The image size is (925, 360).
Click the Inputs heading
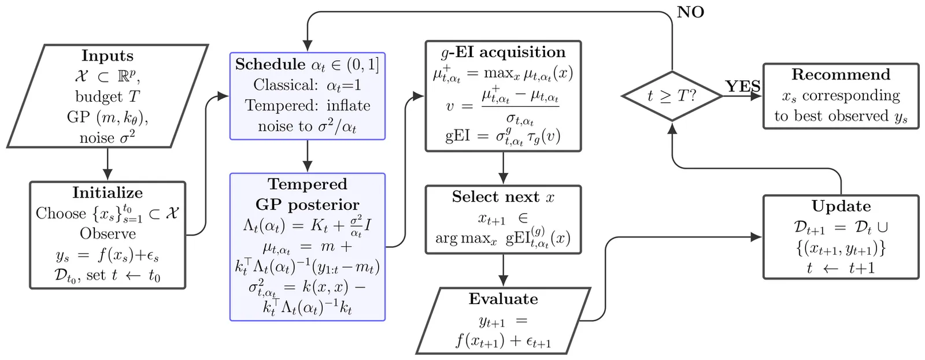108,56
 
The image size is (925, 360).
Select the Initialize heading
108,193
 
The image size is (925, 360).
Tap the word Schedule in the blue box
270,65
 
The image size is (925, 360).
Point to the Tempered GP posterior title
307,195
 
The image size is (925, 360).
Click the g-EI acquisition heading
503,53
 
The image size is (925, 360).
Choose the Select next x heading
503,197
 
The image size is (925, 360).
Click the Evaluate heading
503,299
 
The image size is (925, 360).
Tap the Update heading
841,206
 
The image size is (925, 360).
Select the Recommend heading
841,75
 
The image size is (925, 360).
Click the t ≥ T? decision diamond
672,96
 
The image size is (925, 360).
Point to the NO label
690,13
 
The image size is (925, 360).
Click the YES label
742,87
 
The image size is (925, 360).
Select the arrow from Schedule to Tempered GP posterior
307,156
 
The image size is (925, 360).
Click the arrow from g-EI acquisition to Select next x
503,168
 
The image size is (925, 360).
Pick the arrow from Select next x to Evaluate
503,270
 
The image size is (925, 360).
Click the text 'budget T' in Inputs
108,97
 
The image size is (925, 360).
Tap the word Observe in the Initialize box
108,234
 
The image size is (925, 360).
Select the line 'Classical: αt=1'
307,86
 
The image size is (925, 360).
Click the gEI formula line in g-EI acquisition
503,137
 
